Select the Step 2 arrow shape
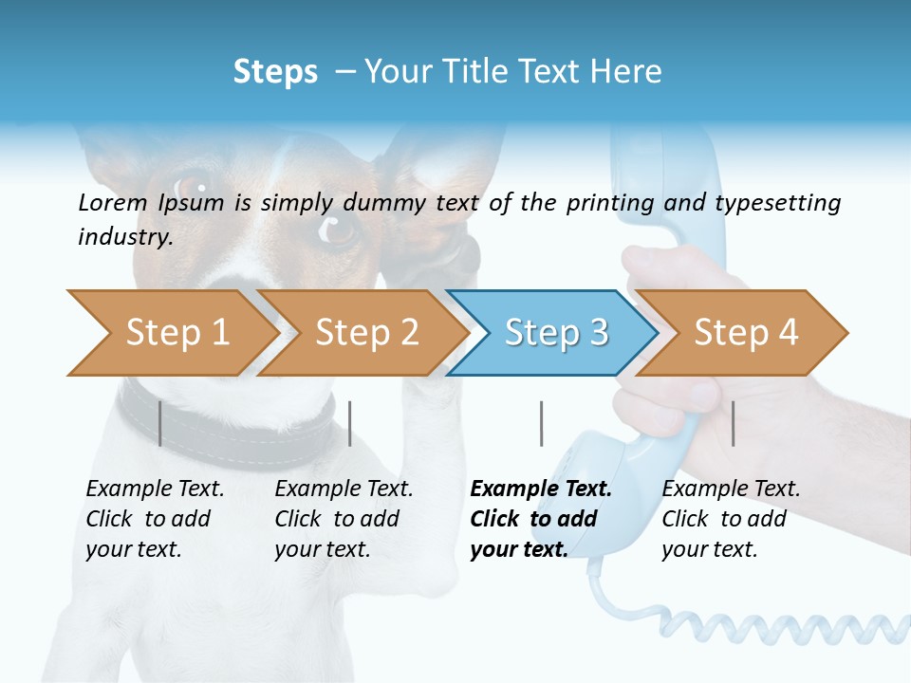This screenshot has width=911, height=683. pyautogui.click(x=361, y=333)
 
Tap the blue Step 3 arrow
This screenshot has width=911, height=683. pyautogui.click(x=551, y=333)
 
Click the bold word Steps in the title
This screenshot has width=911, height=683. pyautogui.click(x=275, y=72)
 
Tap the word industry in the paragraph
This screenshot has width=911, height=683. pyautogui.click(x=123, y=237)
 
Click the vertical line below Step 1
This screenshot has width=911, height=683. pyautogui.click(x=160, y=424)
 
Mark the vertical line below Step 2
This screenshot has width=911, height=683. pyautogui.click(x=350, y=424)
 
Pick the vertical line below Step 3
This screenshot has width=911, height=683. pyautogui.click(x=541, y=424)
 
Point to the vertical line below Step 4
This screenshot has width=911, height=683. pyautogui.click(x=733, y=424)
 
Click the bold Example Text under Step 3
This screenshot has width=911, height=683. pyautogui.click(x=541, y=489)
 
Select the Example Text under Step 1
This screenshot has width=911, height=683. pyautogui.click(x=155, y=489)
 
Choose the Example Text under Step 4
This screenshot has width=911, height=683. pyautogui.click(x=731, y=489)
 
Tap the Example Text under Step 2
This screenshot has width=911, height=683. pyautogui.click(x=344, y=489)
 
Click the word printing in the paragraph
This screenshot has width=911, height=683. pyautogui.click(x=610, y=203)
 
